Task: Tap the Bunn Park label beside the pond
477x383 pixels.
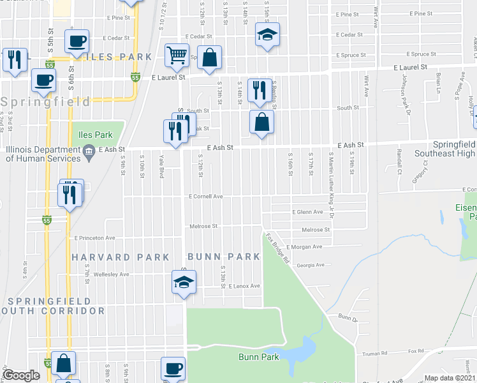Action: coord(256,356)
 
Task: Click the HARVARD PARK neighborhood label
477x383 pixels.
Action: coord(121,257)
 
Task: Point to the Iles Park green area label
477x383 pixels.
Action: coord(95,135)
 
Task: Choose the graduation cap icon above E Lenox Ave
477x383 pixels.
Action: coord(183,282)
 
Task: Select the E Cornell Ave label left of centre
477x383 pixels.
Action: coord(205,197)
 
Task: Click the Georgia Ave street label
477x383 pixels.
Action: coord(311,264)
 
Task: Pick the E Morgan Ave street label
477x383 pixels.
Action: coord(304,246)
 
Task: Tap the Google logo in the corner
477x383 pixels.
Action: coord(22,375)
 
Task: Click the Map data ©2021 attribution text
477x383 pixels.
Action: coord(450,378)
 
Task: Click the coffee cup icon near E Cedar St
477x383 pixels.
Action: coord(77,41)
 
